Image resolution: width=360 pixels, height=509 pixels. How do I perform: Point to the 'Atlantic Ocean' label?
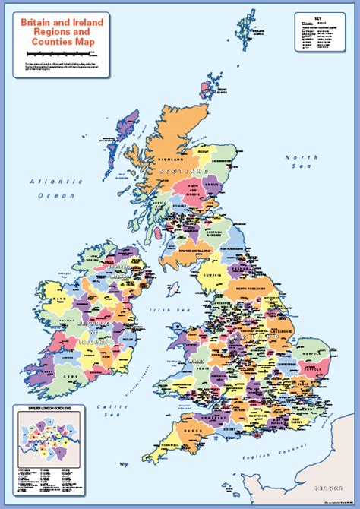tap(54, 188)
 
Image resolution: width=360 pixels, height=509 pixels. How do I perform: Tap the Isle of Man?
tap(173, 289)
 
